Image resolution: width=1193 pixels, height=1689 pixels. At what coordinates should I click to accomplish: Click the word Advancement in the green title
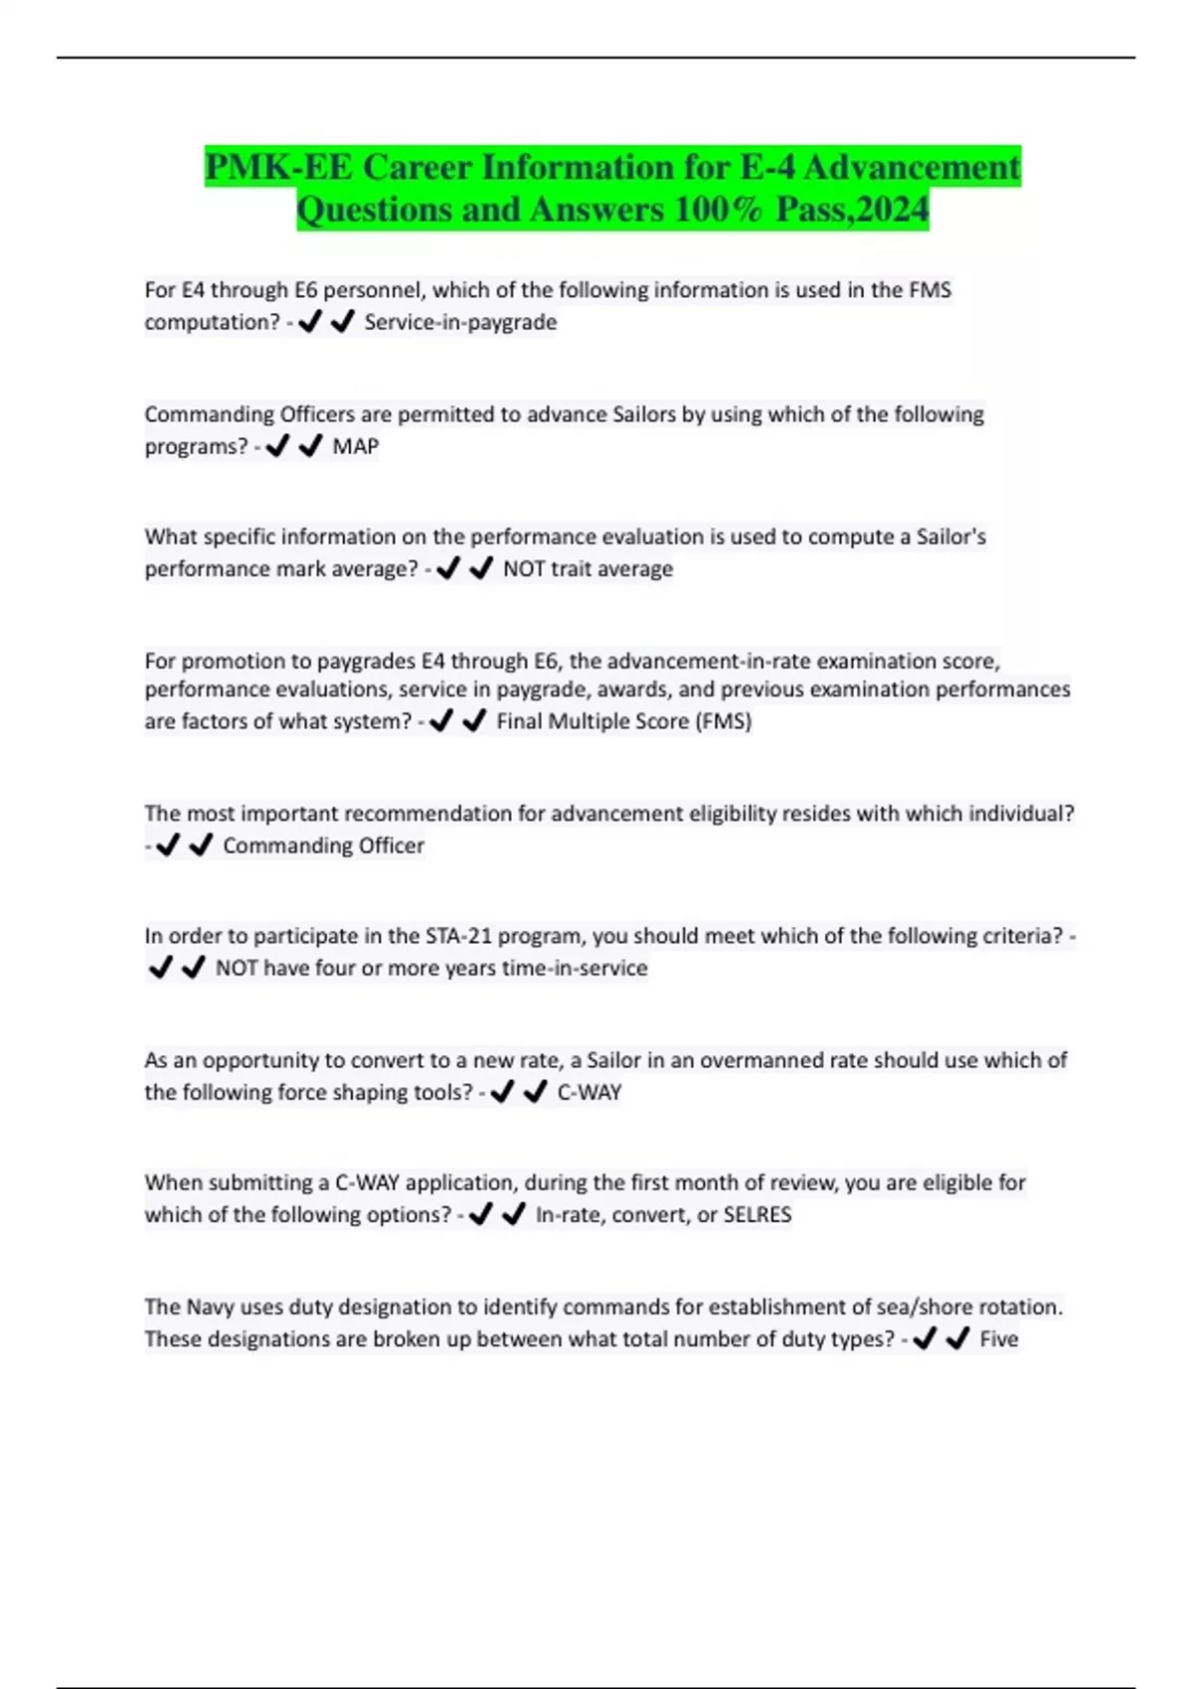click(911, 167)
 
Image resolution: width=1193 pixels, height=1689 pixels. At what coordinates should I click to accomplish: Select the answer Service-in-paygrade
click(460, 322)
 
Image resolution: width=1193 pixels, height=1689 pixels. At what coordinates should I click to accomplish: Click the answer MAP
click(356, 446)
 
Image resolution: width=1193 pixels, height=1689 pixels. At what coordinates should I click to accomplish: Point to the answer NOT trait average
click(588, 569)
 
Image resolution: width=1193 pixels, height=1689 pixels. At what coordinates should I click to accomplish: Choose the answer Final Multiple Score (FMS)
click(623, 721)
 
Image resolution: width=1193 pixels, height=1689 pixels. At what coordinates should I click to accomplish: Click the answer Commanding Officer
click(323, 845)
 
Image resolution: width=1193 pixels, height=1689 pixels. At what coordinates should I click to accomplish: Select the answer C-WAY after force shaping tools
click(589, 1092)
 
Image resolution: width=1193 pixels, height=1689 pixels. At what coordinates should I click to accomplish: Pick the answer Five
click(998, 1339)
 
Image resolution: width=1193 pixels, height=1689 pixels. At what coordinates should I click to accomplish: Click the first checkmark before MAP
click(277, 446)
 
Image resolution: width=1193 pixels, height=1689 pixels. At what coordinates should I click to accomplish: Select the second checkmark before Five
click(957, 1339)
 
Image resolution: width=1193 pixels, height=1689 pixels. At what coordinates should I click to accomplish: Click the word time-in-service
click(575, 968)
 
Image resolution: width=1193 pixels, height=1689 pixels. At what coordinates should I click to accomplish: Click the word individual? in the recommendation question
click(1022, 814)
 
